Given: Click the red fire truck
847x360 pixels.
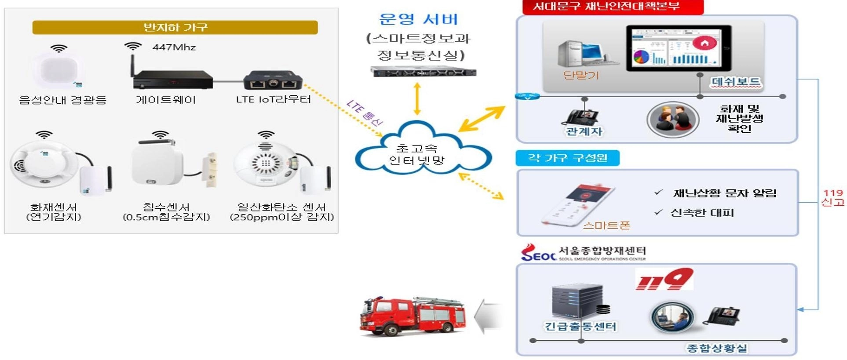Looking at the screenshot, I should (412, 316).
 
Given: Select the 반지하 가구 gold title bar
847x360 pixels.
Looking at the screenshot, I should (175, 27).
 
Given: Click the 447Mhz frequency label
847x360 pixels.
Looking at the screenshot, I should (174, 47).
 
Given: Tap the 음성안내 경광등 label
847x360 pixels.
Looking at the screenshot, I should (63, 100).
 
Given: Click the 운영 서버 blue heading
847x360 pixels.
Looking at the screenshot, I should (418, 19).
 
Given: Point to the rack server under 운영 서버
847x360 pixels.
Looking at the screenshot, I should (423, 71).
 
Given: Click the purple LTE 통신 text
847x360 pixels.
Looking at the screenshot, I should (365, 113).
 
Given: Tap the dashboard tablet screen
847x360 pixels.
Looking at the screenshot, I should (678, 48).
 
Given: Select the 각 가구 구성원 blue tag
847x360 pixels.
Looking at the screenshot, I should (567, 158).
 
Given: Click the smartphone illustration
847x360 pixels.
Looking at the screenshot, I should (577, 204).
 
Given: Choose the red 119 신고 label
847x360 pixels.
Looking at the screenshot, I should (833, 197).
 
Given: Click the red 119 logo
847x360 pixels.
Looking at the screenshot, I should (664, 280).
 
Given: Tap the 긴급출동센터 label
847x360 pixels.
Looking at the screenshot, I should (580, 326).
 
